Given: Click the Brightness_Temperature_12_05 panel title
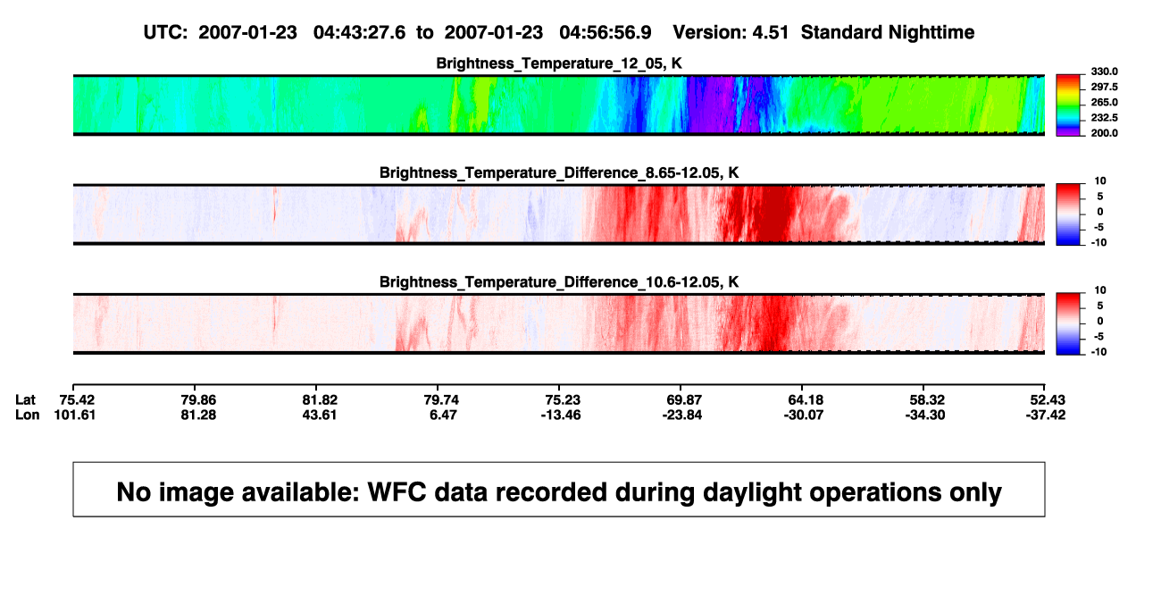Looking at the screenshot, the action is click(559, 63).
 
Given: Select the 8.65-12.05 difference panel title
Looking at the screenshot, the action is click(559, 172).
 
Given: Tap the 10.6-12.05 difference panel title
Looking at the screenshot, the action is click(559, 282).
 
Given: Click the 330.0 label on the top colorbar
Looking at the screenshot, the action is click(1104, 71).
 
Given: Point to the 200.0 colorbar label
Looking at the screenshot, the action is click(1104, 133).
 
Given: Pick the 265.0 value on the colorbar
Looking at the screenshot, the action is click(1104, 102).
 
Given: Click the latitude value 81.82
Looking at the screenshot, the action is click(320, 400).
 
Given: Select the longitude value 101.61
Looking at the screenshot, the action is click(75, 415).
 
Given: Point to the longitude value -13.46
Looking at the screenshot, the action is click(560, 415).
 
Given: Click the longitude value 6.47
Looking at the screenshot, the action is click(443, 415).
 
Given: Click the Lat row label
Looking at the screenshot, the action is click(25, 400).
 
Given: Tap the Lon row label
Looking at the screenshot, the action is click(27, 415).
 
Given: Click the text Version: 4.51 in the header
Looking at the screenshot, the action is click(731, 32).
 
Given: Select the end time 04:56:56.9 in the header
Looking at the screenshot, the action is click(605, 32).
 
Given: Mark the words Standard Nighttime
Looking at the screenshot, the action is click(888, 32).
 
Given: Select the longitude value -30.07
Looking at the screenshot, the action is click(804, 415).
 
